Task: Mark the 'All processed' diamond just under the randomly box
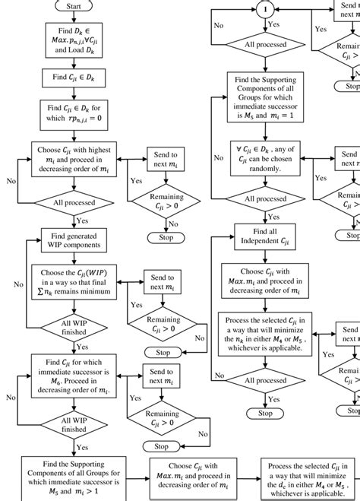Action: pos(265,199)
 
